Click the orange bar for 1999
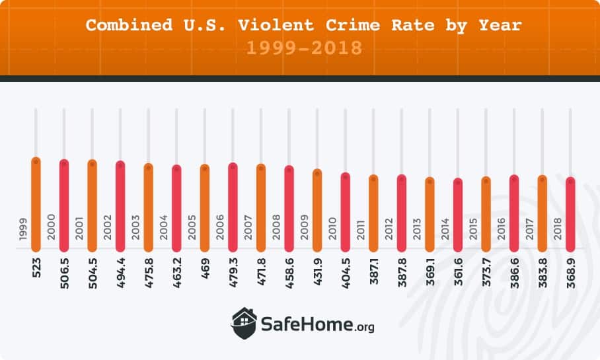(x=36, y=205)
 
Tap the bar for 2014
(x=458, y=215)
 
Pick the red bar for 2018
(x=570, y=215)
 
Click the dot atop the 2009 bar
(x=317, y=174)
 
